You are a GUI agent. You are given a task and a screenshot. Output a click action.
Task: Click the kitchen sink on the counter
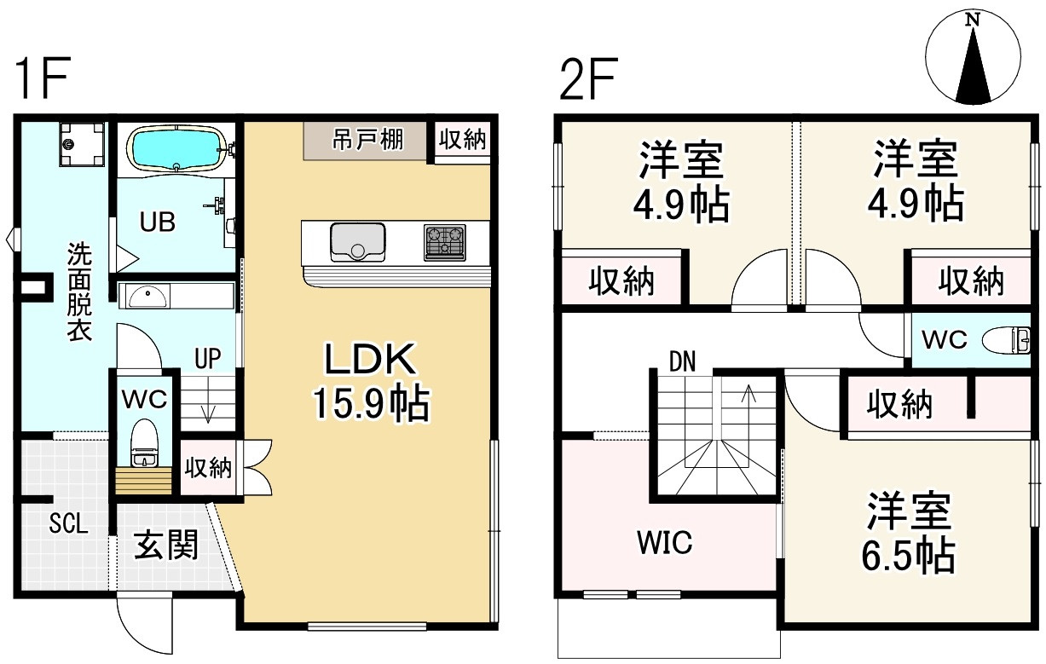(358, 240)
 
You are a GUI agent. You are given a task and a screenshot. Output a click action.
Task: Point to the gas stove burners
(445, 241)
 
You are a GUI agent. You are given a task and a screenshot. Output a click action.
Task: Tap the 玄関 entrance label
(166, 545)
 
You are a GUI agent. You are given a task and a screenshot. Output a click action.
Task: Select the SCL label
(67, 524)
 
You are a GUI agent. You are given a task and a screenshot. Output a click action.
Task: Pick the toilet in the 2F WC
(1010, 340)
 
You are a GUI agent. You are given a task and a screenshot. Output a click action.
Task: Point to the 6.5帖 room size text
(909, 557)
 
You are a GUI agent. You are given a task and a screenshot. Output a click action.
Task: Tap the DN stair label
(682, 361)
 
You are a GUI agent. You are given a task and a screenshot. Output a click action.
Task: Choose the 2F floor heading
(588, 79)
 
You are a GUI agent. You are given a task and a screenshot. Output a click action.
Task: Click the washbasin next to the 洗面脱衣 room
(147, 296)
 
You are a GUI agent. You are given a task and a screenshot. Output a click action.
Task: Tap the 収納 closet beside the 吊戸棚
(463, 140)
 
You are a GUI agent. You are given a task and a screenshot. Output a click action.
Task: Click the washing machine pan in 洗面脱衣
(82, 146)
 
